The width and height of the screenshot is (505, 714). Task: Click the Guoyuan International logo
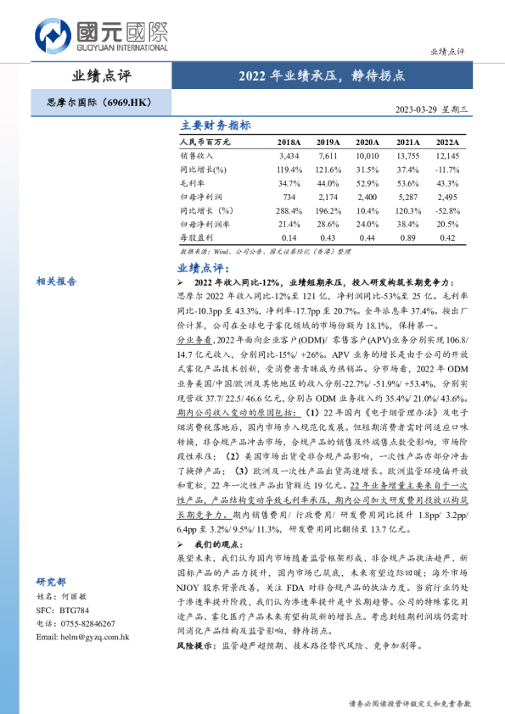101,34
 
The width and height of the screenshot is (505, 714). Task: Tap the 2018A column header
289,142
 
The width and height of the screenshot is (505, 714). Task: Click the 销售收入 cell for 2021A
408,157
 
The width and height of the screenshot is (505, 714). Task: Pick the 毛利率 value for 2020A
368,183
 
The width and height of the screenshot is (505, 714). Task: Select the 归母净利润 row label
203,196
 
